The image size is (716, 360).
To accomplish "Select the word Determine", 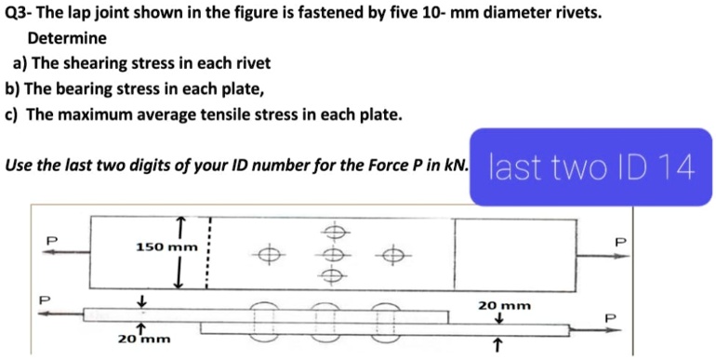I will [67, 39].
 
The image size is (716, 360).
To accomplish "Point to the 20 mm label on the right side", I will [504, 304].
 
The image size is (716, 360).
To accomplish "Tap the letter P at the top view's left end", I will [52, 240].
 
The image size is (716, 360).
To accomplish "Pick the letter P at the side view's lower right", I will [610, 318].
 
